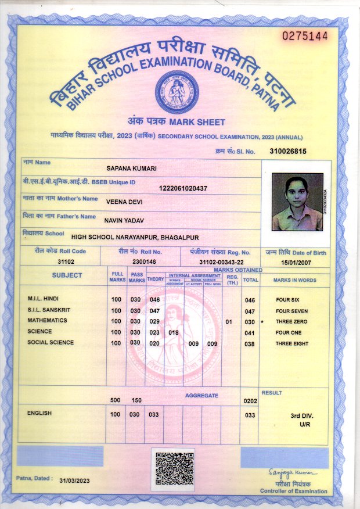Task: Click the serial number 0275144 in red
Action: [305, 36]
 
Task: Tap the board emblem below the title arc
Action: [177, 92]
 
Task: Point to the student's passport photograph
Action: [297, 203]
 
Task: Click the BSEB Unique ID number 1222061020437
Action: [183, 188]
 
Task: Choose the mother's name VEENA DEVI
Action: [124, 202]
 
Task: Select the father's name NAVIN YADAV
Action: [124, 220]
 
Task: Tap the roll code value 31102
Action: [60, 261]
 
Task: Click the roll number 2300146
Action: [145, 262]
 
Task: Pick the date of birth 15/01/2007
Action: [297, 262]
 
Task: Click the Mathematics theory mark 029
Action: [154, 321]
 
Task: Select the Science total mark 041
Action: [250, 332]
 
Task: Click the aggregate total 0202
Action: [250, 401]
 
